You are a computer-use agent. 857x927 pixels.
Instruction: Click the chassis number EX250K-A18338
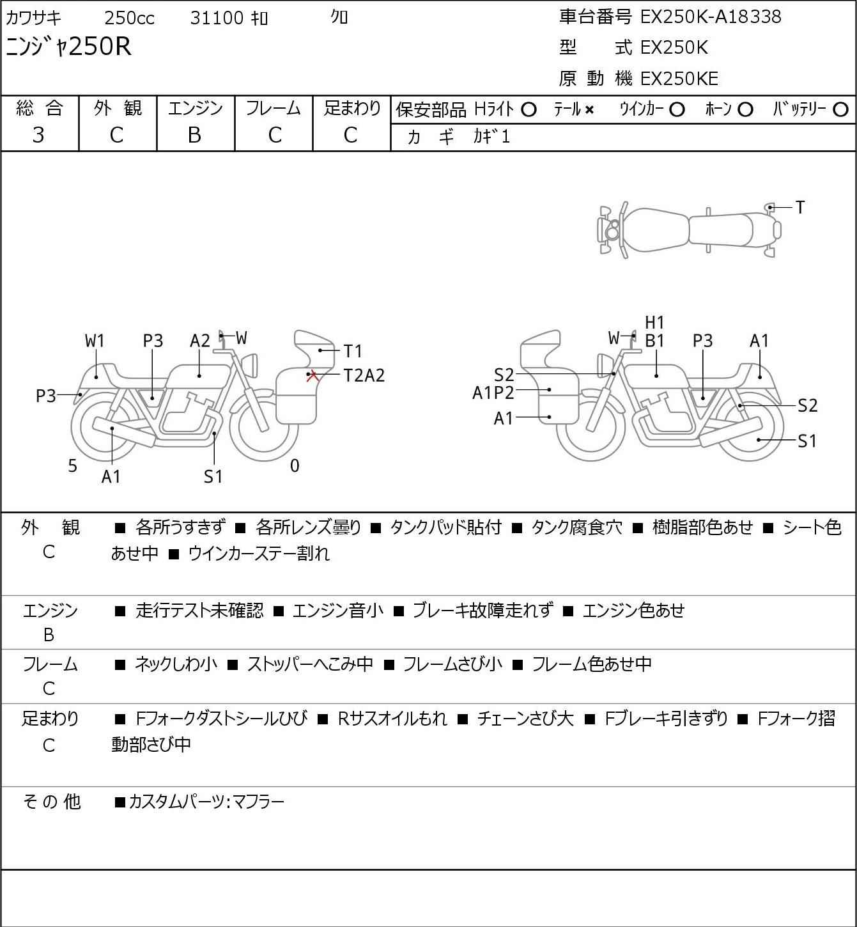click(x=710, y=17)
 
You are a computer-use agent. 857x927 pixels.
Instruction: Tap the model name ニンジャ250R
click(x=68, y=46)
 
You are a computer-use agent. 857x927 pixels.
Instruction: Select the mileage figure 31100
click(x=217, y=18)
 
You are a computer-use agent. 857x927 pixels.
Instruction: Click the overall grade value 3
click(x=38, y=135)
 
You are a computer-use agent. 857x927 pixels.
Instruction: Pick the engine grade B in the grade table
click(x=194, y=135)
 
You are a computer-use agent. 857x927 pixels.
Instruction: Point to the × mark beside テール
click(x=589, y=110)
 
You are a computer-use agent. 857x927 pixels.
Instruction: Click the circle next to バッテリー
click(x=841, y=110)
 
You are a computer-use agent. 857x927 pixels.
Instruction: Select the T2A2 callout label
click(x=364, y=375)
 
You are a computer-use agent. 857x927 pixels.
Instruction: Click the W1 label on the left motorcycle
click(x=95, y=341)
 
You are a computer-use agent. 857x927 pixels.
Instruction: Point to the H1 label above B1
click(x=654, y=323)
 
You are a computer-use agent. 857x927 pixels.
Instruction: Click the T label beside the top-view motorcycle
click(x=799, y=207)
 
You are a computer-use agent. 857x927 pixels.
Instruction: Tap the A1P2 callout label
click(x=493, y=393)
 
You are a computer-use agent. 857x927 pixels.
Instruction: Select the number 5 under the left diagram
click(x=73, y=466)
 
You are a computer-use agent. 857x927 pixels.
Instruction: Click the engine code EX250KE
click(x=679, y=79)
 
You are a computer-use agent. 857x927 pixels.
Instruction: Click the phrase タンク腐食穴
click(x=576, y=527)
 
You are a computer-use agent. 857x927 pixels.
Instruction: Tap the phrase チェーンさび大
click(x=525, y=719)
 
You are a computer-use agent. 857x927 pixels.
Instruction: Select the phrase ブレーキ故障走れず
click(x=483, y=611)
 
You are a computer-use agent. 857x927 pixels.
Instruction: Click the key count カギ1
click(x=491, y=137)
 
